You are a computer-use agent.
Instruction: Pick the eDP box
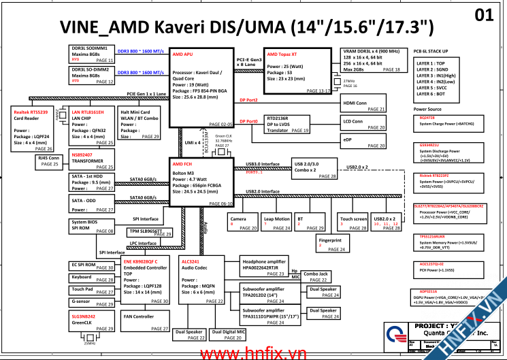[363, 142]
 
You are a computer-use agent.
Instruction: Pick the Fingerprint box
[332, 244]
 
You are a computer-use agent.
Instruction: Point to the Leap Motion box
[277, 223]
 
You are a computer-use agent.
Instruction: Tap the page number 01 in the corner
[484, 14]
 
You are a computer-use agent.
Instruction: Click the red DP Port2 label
[248, 100]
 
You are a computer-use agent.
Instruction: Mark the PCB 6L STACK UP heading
[430, 51]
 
